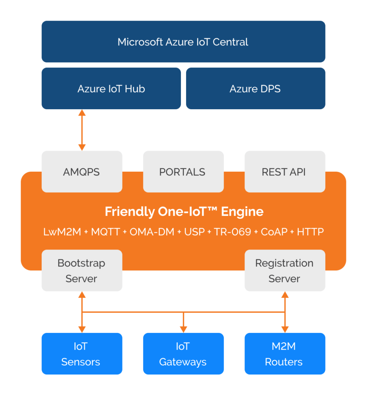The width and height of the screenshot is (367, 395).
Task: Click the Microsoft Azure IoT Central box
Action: click(x=183, y=42)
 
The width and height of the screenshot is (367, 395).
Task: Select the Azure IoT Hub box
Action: click(x=111, y=88)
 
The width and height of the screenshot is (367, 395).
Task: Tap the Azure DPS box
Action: click(x=255, y=88)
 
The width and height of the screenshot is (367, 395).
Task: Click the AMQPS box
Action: click(x=82, y=172)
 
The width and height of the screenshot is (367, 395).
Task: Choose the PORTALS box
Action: click(x=183, y=172)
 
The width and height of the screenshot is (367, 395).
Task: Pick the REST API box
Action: click(x=285, y=172)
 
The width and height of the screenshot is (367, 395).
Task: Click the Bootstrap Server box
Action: click(x=82, y=270)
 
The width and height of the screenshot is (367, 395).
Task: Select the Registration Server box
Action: click(x=285, y=270)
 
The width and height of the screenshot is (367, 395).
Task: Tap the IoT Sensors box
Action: click(x=82, y=354)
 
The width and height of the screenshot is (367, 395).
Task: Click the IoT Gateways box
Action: click(x=183, y=354)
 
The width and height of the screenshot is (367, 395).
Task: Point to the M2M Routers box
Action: click(x=285, y=354)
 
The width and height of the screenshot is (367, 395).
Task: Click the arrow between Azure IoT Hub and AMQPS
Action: click(x=82, y=130)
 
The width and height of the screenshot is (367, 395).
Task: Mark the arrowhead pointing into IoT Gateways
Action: click(x=183, y=330)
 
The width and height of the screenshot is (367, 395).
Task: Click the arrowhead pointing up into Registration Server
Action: click(x=285, y=295)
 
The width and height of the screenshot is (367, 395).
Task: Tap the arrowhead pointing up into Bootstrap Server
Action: click(x=82, y=295)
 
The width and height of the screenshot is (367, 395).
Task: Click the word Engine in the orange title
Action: click(x=242, y=212)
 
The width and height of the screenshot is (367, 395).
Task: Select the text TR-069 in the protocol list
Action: click(x=233, y=232)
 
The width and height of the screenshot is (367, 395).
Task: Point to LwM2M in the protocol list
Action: click(x=62, y=232)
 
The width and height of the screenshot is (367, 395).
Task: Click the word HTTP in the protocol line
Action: click(x=310, y=232)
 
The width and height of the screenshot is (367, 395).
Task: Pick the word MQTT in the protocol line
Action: click(x=106, y=232)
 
